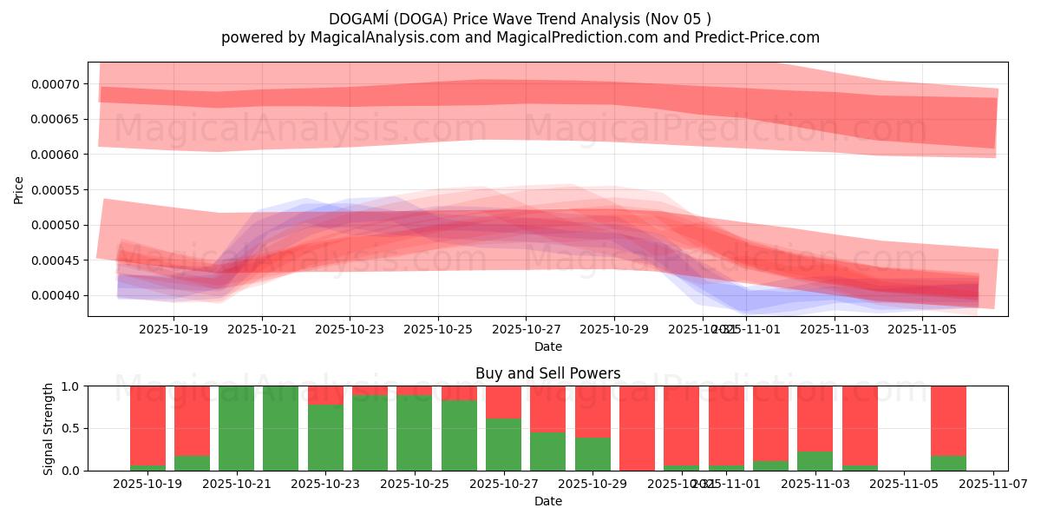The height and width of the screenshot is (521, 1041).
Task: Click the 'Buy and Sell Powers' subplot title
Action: (547, 373)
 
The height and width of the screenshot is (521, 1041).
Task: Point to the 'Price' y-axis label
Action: (19, 189)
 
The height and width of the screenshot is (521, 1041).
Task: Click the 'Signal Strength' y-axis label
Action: (49, 428)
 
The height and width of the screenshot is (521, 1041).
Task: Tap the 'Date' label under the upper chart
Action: (547, 346)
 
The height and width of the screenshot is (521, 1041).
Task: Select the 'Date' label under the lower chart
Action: (547, 501)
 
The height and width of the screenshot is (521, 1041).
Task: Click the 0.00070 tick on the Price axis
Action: (54, 84)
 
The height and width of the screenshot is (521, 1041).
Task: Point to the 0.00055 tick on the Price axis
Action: (54, 190)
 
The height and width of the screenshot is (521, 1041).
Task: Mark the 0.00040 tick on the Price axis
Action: (54, 296)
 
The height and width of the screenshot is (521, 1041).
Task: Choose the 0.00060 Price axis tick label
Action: (54, 155)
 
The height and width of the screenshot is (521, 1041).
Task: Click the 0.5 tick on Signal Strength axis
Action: (69, 428)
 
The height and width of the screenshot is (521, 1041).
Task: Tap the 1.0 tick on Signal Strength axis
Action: (69, 386)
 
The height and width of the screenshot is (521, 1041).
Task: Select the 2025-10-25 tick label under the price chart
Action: (438, 330)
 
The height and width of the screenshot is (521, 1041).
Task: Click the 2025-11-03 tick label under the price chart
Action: (834, 330)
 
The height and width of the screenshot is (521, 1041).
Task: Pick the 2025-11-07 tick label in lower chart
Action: (993, 485)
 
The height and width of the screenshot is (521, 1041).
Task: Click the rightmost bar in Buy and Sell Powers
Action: (948, 428)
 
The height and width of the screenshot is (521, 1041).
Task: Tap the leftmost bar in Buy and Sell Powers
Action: (147, 428)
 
